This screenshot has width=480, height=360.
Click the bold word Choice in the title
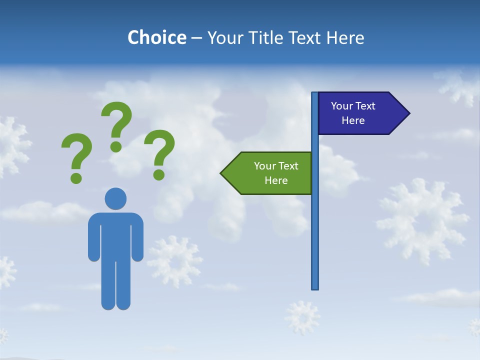point(156,37)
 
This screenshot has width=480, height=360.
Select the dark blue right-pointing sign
point(357,113)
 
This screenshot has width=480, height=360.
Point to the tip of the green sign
point(221,173)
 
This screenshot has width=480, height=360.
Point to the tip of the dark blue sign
point(409,113)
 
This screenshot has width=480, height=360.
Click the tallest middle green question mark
point(117,120)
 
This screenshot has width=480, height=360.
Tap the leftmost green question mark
point(76,152)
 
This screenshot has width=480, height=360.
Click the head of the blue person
point(115,198)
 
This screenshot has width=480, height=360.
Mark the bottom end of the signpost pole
point(315,287)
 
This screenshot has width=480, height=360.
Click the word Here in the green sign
point(276,180)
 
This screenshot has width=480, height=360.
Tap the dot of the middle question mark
point(116,146)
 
